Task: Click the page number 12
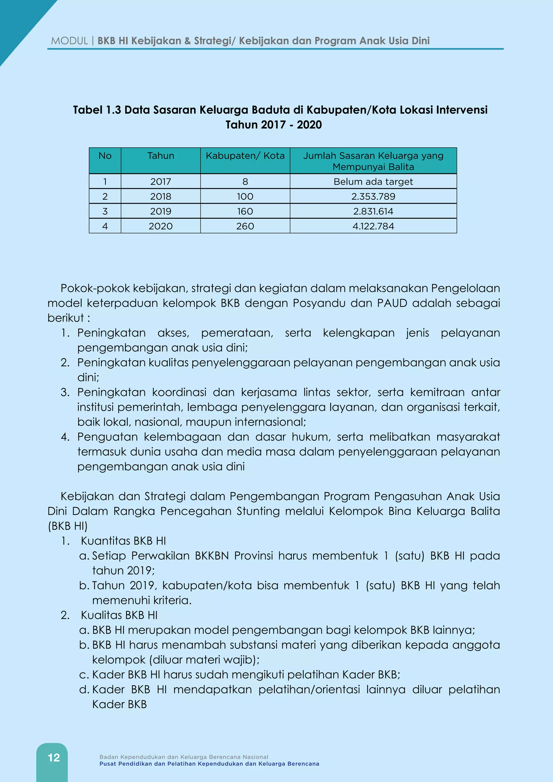(x=54, y=757)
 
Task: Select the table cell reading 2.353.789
(x=373, y=197)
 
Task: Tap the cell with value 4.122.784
(x=373, y=226)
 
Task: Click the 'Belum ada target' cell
(x=373, y=181)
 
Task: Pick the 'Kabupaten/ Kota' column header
(x=245, y=156)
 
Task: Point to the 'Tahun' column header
(x=161, y=156)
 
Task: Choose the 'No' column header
(x=105, y=156)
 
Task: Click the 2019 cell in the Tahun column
(x=161, y=211)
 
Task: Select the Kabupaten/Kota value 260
(x=245, y=226)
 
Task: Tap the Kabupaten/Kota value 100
(x=245, y=197)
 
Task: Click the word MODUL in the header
(x=69, y=41)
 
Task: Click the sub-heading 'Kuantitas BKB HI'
(x=123, y=541)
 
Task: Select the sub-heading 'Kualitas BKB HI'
(x=119, y=615)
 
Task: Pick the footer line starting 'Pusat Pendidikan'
(x=209, y=764)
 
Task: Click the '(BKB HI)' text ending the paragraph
(x=68, y=526)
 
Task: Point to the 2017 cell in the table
(x=161, y=181)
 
